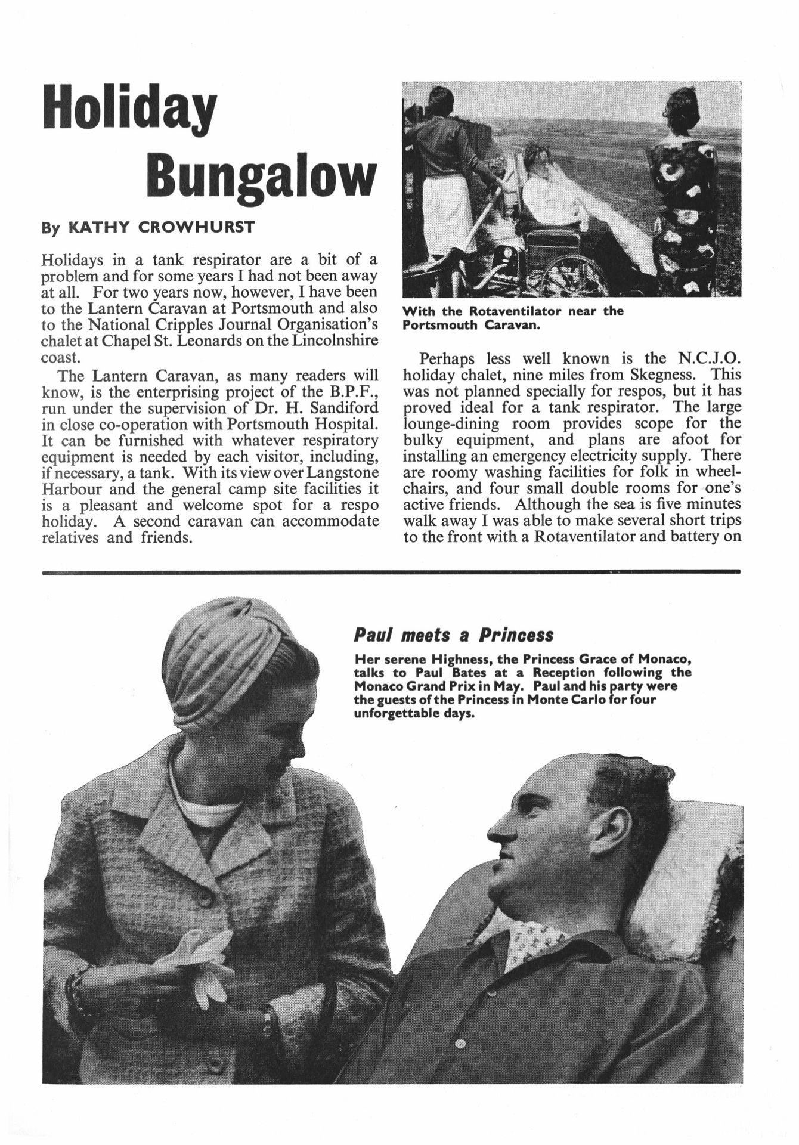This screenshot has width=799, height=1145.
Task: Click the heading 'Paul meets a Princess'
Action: point(453,635)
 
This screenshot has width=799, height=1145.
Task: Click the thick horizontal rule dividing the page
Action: point(391,571)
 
